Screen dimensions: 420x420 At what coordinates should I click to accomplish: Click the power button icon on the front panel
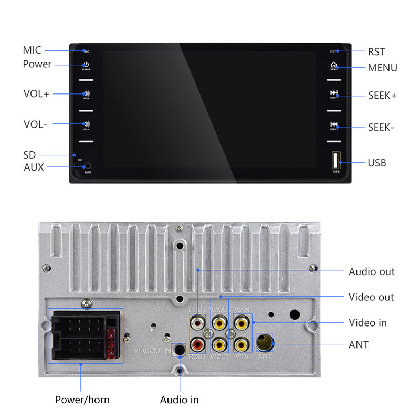86,65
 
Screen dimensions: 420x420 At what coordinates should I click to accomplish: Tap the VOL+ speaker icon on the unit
86,94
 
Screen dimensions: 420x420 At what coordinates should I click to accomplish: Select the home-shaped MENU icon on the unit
333,66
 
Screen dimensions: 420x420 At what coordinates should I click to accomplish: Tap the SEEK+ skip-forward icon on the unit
333,93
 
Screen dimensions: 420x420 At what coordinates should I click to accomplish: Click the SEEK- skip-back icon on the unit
333,124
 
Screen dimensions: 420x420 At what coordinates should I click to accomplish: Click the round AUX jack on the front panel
87,166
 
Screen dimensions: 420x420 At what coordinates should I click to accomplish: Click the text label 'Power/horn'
82,400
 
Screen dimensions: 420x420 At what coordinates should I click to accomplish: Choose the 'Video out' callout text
371,297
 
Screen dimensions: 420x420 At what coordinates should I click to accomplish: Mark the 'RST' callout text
376,51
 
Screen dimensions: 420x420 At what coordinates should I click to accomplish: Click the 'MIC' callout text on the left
31,50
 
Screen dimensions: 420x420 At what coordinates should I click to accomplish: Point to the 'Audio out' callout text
371,271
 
